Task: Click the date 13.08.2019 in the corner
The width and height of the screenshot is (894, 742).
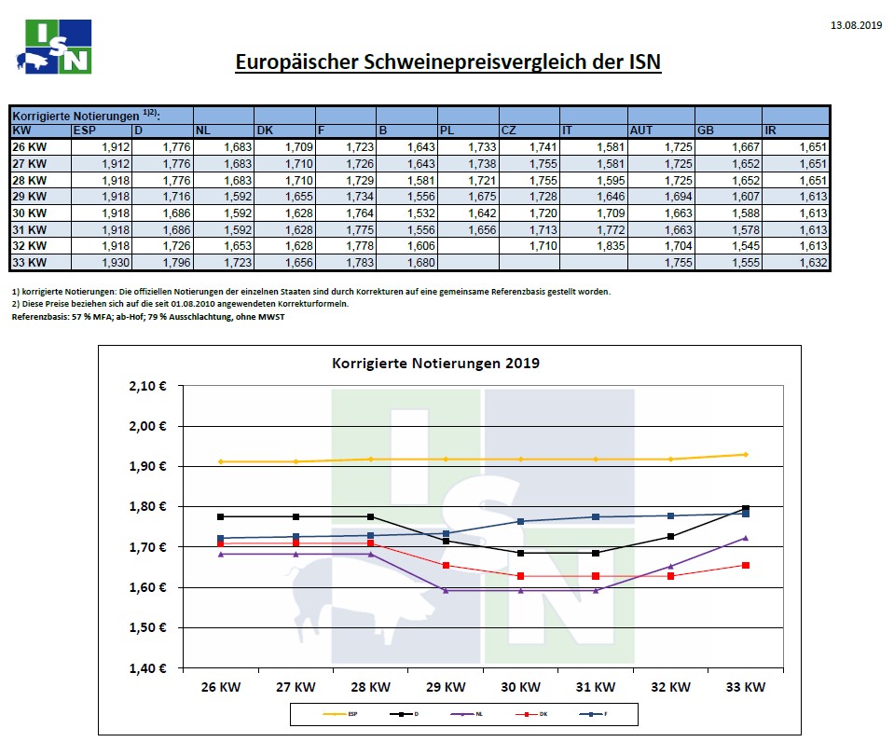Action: pos(855,25)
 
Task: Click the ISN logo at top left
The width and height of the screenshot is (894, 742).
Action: pos(55,47)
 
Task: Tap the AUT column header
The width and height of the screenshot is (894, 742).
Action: pos(641,131)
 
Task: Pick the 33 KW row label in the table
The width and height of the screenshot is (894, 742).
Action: pos(29,264)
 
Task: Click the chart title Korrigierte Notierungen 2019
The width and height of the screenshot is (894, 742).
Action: pos(434,363)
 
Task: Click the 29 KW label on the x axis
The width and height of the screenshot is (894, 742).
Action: pos(446,687)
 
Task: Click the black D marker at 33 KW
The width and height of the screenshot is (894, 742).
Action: pos(745,508)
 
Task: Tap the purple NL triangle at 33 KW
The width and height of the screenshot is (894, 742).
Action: pos(745,538)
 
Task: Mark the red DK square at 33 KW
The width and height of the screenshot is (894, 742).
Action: pos(745,565)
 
